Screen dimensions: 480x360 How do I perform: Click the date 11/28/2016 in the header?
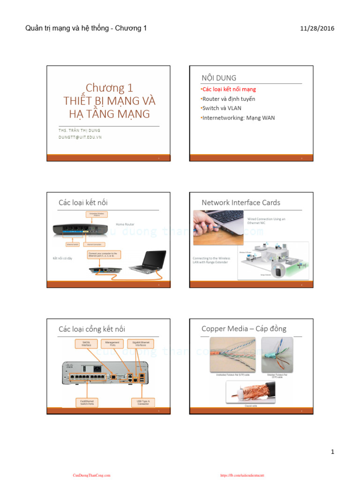[317, 29]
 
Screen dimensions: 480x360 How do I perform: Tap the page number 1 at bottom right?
[332, 452]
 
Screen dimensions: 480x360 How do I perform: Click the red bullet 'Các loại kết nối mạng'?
[228, 89]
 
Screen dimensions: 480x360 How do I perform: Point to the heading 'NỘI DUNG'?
[219, 78]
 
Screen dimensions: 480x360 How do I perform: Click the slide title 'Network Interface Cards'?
[240, 202]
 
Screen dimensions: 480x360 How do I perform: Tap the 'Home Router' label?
[125, 225]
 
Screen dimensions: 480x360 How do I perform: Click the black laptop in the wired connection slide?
[148, 262]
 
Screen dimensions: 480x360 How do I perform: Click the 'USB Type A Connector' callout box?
[143, 402]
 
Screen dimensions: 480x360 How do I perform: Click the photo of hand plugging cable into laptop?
[218, 227]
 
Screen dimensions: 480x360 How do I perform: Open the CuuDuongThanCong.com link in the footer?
[91, 475]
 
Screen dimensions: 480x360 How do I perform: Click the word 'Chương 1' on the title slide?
[109, 88]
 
